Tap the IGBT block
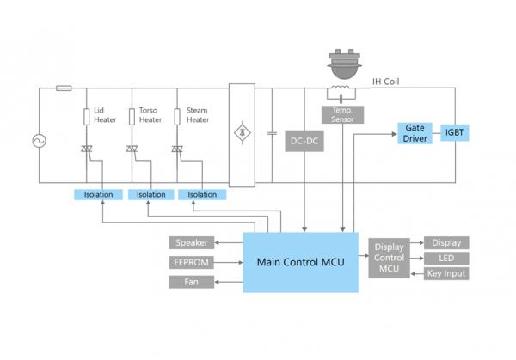tap(454, 133)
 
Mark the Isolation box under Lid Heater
tap(99, 194)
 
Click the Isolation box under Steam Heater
tap(203, 194)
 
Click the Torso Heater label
tap(151, 115)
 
